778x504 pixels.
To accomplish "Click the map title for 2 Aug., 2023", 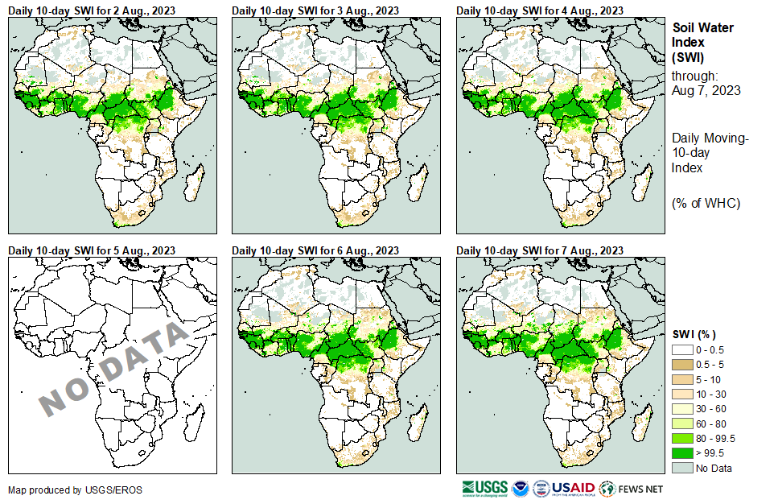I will click(92, 10).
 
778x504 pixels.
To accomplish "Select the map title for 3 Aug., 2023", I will click(315, 10).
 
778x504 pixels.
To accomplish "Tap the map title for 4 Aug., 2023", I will click(540, 10).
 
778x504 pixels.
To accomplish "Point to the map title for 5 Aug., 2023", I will click(92, 250).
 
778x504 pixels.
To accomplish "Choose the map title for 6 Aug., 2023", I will click(315, 250).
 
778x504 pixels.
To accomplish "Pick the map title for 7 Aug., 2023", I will click(540, 250).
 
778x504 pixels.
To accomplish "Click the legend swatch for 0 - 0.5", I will click(682, 350).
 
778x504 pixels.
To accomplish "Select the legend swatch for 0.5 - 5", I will click(682, 365).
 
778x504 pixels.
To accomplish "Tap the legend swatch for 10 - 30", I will click(682, 395).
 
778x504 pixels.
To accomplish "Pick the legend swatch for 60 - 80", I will click(682, 423).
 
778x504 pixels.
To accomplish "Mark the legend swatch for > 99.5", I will click(682, 453).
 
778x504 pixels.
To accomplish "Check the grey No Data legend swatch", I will click(682, 468).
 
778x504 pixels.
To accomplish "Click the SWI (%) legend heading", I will click(694, 334).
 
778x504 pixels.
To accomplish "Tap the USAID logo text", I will click(573, 488).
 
